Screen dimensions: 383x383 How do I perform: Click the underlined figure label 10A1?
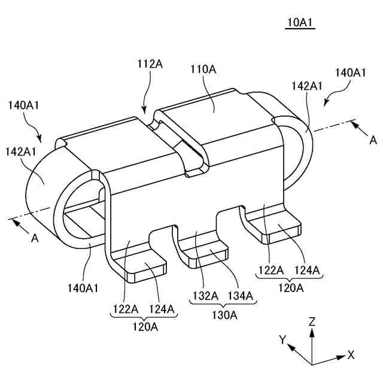coord(300,23)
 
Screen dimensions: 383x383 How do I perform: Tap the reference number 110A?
coord(203,70)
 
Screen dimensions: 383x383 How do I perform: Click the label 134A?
coord(240,295)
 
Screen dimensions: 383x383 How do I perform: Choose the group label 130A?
coord(221,314)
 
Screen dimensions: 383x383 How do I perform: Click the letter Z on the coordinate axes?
coord(312,321)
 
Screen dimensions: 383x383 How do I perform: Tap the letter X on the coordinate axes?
coord(351,355)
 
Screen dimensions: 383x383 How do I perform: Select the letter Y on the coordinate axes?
coord(282,340)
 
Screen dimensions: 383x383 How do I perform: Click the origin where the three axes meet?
coord(312,364)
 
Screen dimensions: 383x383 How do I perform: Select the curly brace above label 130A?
coord(221,304)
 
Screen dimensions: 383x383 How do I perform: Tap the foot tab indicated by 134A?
coord(209,254)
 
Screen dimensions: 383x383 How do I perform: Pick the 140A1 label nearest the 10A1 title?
coord(351,72)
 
